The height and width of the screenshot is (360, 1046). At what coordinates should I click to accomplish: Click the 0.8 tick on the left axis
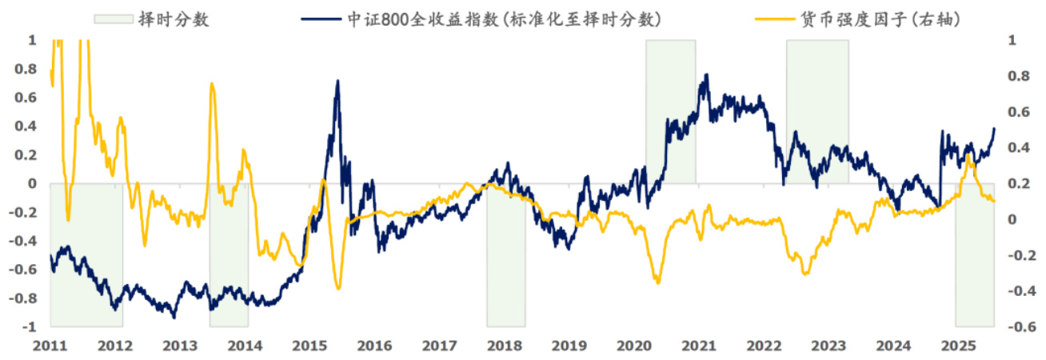click(x=29, y=69)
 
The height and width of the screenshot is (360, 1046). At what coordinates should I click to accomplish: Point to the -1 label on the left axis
click(x=30, y=327)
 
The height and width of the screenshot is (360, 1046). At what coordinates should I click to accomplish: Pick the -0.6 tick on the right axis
click(x=1019, y=327)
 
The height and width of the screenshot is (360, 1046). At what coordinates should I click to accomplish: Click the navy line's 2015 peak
click(x=337, y=81)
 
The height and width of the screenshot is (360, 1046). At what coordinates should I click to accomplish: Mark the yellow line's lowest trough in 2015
click(x=339, y=288)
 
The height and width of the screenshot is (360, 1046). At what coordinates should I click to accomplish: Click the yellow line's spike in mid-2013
click(x=212, y=82)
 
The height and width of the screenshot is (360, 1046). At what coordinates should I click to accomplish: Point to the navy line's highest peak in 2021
click(x=705, y=75)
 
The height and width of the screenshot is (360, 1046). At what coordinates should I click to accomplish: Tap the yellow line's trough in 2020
click(x=657, y=282)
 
